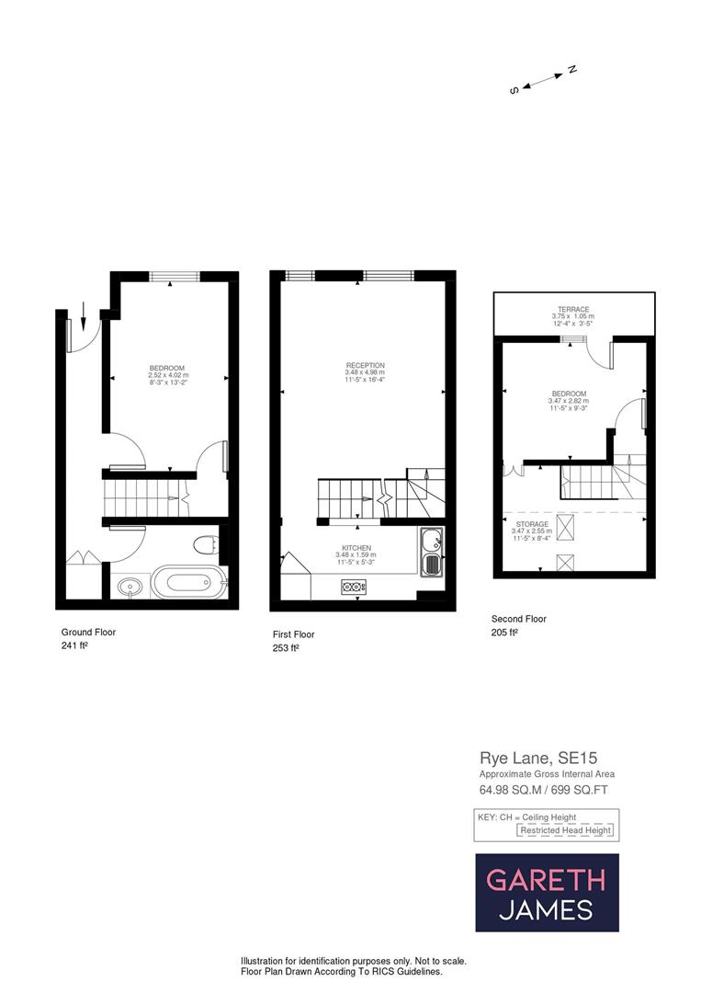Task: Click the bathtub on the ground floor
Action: coord(188,583)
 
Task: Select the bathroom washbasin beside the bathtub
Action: coord(130,585)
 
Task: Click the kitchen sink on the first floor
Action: coord(431,552)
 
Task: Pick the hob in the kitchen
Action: coord(353,586)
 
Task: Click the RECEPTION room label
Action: coord(366,365)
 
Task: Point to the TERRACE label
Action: coord(573,309)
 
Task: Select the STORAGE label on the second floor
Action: coord(531,524)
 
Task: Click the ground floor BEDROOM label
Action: coord(167,369)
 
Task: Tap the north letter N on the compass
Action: coord(571,69)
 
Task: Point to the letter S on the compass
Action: coord(515,90)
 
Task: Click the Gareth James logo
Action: coord(547,893)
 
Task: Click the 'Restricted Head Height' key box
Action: coord(565,830)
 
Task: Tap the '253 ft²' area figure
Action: coord(286,647)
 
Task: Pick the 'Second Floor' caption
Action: coord(519,619)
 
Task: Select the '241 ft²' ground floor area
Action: coord(74,645)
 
